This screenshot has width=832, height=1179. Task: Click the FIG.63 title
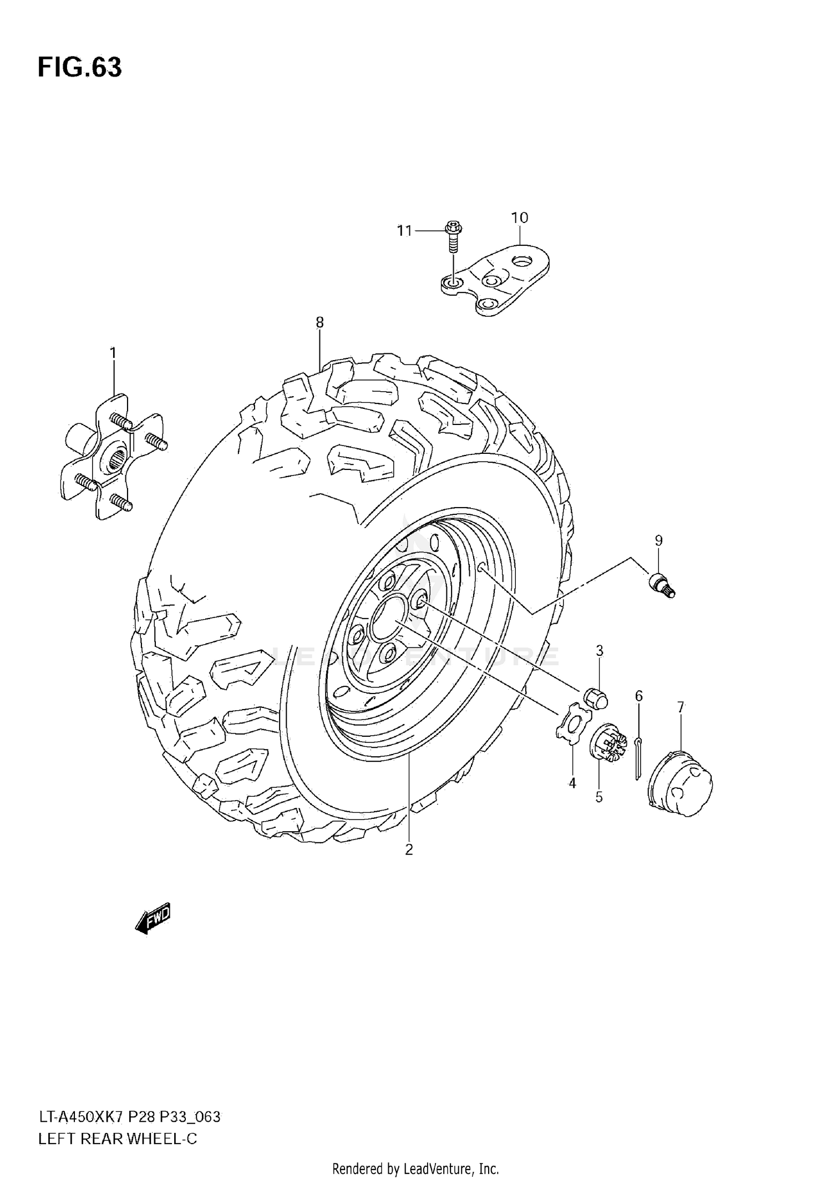tap(80, 68)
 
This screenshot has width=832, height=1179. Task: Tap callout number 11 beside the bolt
tap(404, 230)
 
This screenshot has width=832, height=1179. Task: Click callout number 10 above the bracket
tap(520, 217)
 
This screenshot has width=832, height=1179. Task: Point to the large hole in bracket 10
tap(522, 260)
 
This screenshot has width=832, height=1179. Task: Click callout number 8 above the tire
tap(319, 322)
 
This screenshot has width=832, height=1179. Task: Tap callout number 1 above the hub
tap(113, 353)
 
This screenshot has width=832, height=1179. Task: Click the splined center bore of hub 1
tap(118, 461)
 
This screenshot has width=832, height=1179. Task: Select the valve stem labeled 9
tap(662, 585)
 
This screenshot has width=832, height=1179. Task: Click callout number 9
tap(658, 540)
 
